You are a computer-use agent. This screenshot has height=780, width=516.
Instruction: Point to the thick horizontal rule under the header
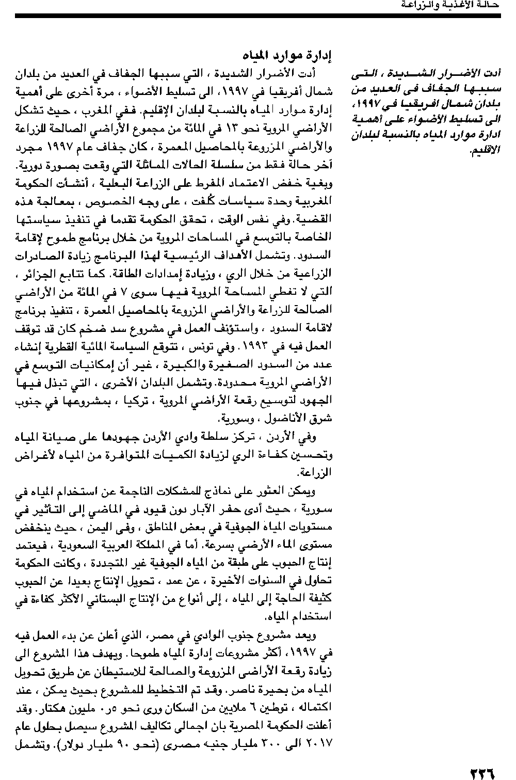tap(258, 17)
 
